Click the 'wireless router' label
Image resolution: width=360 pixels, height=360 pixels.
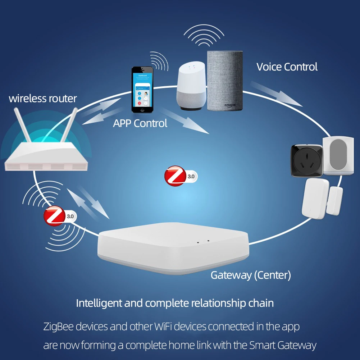click(43, 98)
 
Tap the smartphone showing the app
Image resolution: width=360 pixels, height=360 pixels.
click(142, 90)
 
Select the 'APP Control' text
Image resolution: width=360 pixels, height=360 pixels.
click(140, 123)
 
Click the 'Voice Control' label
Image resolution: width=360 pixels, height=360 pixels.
click(287, 67)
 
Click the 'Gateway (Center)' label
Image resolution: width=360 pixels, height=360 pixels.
click(251, 275)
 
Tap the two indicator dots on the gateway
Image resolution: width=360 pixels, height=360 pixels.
click(203, 241)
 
